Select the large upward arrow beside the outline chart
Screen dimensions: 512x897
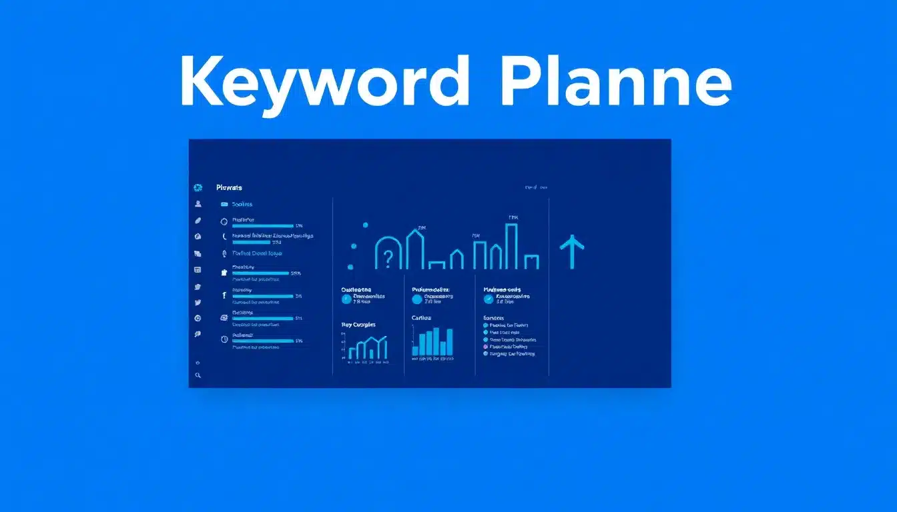click(572, 251)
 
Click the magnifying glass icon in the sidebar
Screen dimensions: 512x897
click(198, 376)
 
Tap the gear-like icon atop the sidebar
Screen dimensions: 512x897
click(198, 188)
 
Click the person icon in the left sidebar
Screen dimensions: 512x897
click(198, 204)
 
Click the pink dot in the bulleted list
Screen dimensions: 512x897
click(485, 347)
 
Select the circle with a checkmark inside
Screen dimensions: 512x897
click(489, 299)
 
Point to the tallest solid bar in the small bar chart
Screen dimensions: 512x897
click(436, 341)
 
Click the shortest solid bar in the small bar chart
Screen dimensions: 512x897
click(414, 350)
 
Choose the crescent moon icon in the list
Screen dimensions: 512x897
click(224, 237)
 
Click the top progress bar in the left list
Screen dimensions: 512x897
click(262, 226)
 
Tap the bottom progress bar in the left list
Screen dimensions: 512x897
click(262, 341)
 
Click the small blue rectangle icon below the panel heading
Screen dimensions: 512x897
click(224, 205)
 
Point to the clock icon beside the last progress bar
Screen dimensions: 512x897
click(224, 339)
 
